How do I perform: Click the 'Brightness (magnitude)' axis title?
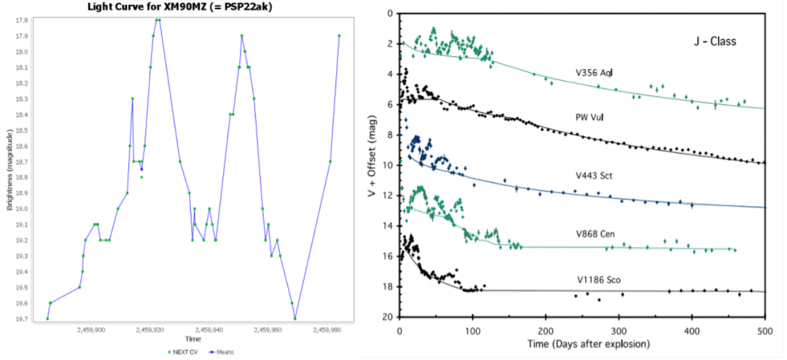pyautogui.click(x=9, y=170)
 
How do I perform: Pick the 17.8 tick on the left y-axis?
pyautogui.click(x=23, y=20)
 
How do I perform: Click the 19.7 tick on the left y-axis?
pyautogui.click(x=23, y=319)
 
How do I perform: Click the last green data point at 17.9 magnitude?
pyautogui.click(x=340, y=36)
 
